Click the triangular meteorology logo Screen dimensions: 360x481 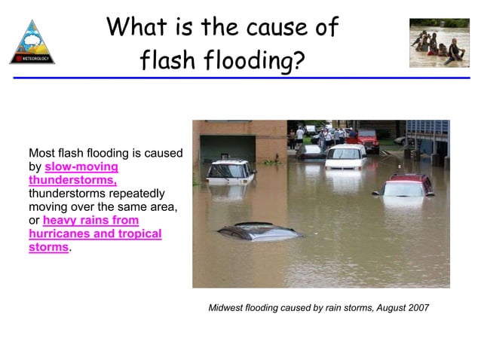click(x=32, y=43)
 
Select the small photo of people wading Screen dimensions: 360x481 click(x=439, y=43)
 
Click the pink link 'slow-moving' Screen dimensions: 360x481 click(x=81, y=166)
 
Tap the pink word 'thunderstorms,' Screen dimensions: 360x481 click(x=72, y=180)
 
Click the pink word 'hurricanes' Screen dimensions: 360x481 click(x=58, y=233)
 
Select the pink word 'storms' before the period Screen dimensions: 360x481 click(x=48, y=247)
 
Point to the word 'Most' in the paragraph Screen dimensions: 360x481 click(x=41, y=153)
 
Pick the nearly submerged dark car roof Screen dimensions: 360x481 click(x=259, y=230)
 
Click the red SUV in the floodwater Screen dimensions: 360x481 click(x=404, y=186)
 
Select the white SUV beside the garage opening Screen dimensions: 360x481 click(x=231, y=170)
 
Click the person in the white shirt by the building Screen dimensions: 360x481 click(x=300, y=136)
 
